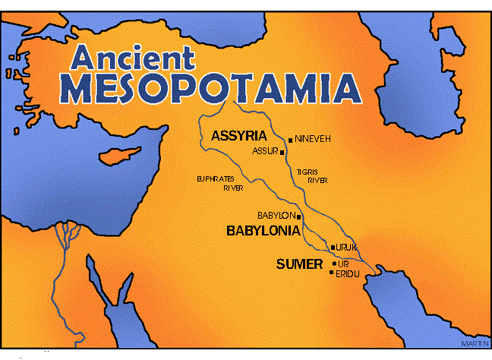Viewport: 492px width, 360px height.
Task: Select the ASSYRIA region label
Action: coord(238,136)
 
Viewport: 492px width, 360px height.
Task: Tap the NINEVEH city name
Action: coord(313,140)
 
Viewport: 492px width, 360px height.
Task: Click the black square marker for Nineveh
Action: coord(290,140)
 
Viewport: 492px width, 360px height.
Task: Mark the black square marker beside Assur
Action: coord(282,153)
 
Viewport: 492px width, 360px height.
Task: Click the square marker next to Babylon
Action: coord(298,216)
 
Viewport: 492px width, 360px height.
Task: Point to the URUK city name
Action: coord(346,248)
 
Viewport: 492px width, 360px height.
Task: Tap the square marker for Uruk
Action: coord(333,248)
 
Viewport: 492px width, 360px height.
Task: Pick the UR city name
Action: coord(342,264)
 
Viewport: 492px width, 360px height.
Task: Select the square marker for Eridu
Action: coord(332,273)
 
